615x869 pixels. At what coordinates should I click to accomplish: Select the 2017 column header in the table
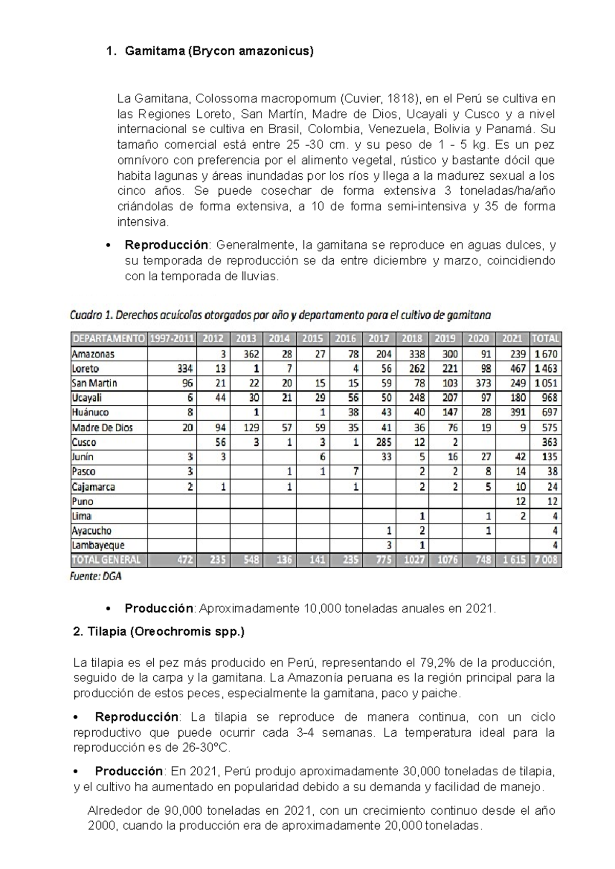pyautogui.click(x=379, y=339)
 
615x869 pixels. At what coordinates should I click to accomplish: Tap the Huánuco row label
pyautogui.click(x=90, y=412)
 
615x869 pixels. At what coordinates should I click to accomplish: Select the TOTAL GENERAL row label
pyautogui.click(x=106, y=560)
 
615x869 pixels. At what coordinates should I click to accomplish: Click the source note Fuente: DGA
pyautogui.click(x=95, y=576)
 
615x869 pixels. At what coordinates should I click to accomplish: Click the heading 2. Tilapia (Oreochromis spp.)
pyautogui.click(x=159, y=632)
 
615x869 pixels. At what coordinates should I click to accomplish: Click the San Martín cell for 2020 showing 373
pyautogui.click(x=482, y=383)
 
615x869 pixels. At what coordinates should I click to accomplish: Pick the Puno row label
pyautogui.click(x=83, y=501)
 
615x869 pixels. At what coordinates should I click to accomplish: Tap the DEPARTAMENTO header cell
pyautogui.click(x=109, y=339)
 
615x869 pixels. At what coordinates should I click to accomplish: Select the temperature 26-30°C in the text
pyautogui.click(x=207, y=748)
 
